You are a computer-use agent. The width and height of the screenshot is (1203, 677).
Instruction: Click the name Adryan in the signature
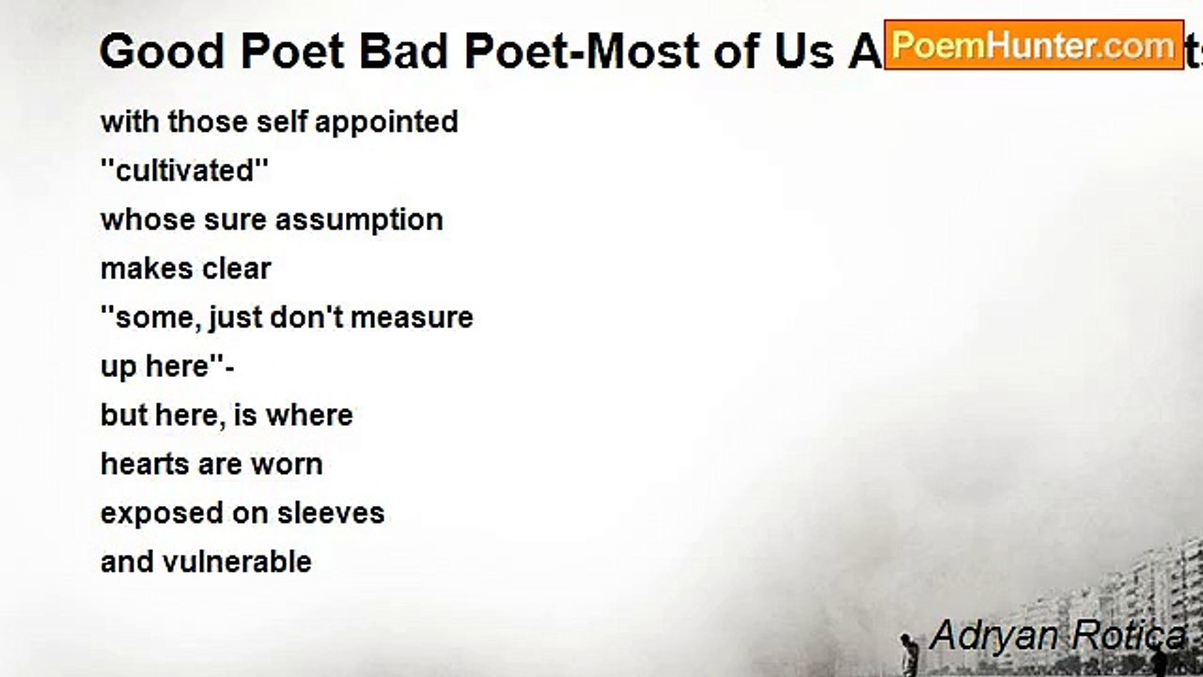[x=983, y=636]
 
